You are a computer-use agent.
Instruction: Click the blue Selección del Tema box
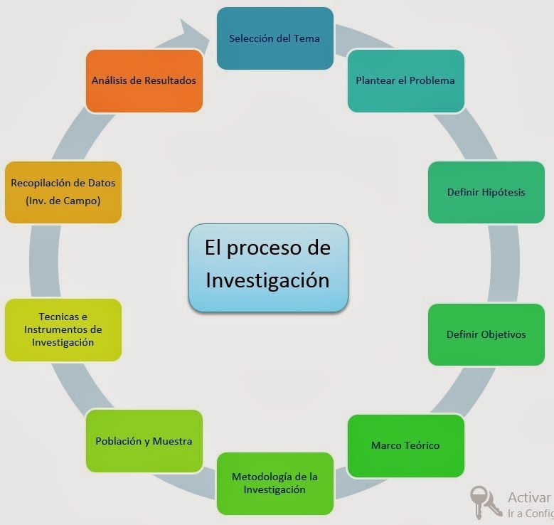tap(275, 38)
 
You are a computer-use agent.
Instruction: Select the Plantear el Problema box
tap(405, 80)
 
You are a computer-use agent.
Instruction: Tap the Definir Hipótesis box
tap(486, 192)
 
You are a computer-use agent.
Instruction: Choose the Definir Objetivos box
tap(486, 334)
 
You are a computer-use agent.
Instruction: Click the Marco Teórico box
tap(405, 445)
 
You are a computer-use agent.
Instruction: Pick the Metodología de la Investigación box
tap(275, 483)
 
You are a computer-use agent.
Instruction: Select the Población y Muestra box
tap(144, 441)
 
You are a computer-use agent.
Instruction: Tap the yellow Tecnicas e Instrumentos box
tap(63, 330)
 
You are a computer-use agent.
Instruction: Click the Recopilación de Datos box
tap(63, 192)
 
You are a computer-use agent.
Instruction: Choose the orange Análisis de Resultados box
tap(144, 80)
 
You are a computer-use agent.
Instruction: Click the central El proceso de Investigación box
tap(268, 267)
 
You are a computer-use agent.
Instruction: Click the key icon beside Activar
tap(486, 502)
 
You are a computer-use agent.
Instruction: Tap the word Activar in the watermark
tap(529, 497)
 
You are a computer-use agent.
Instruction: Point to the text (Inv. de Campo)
tap(63, 201)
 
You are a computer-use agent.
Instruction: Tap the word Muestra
tap(172, 441)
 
